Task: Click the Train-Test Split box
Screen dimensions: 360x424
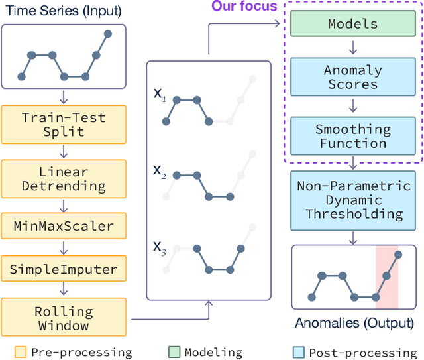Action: [63, 124]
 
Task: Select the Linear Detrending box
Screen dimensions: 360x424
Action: [63, 179]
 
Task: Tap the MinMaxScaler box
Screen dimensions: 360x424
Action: [63, 226]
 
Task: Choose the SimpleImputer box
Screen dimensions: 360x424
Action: [63, 269]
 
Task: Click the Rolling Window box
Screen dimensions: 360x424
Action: [63, 318]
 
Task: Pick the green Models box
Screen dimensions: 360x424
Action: [353, 24]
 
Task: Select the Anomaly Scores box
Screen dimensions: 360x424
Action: [353, 77]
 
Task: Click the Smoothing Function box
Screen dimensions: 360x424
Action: [353, 136]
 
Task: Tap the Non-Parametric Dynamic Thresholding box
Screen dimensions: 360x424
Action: [353, 200]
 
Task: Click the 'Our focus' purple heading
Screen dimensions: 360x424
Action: [244, 7]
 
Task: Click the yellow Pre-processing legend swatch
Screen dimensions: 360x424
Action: [21, 352]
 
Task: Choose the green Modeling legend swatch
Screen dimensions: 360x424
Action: [174, 352]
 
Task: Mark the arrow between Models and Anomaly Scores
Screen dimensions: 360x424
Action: [353, 47]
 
